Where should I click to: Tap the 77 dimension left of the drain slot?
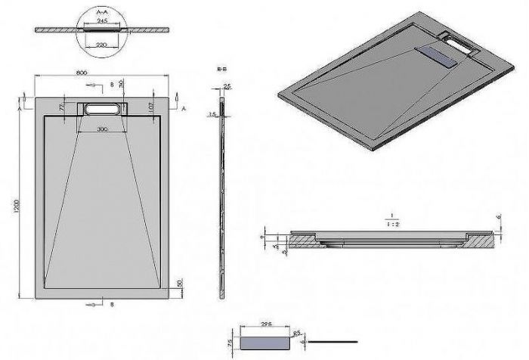(63, 109)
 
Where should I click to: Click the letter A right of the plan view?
(184, 107)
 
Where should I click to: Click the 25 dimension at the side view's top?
(227, 86)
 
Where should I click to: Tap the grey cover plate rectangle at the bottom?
(264, 341)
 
